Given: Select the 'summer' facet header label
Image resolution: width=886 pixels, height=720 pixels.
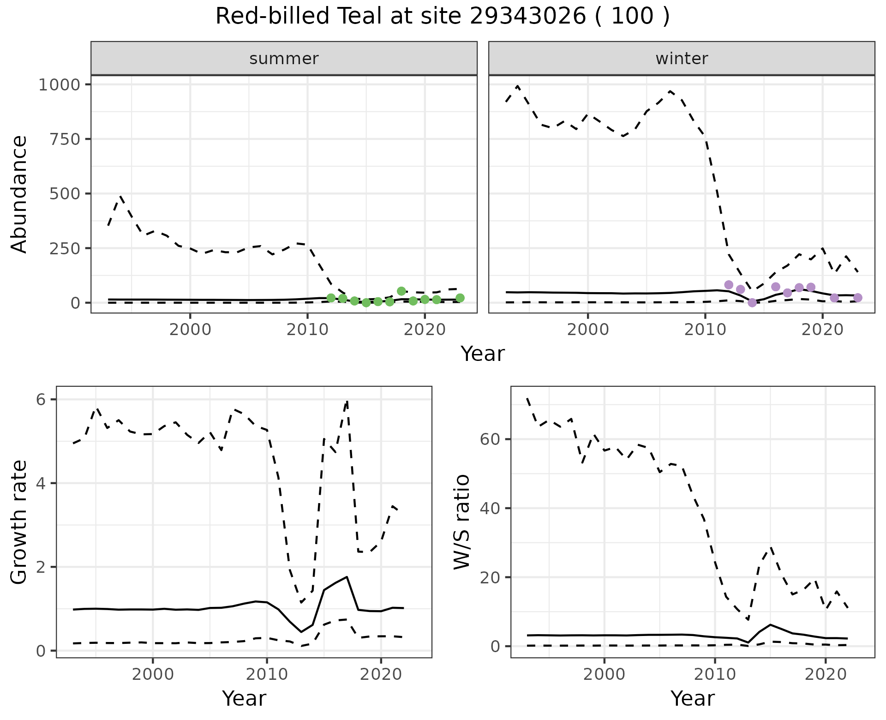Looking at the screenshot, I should (284, 59).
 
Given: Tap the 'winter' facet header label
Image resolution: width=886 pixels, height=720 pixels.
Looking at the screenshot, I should (682, 59).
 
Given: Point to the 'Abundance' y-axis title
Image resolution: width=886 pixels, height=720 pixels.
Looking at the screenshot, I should (19, 194).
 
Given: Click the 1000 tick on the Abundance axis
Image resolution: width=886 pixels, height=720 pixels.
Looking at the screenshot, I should (59, 85).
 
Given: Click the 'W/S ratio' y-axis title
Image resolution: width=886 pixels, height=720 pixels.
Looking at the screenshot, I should (461, 522).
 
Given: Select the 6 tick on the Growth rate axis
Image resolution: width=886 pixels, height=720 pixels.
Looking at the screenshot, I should (41, 400).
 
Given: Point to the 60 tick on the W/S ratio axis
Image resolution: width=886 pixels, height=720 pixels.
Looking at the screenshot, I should (491, 439).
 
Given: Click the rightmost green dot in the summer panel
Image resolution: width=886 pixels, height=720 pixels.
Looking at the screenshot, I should (460, 298).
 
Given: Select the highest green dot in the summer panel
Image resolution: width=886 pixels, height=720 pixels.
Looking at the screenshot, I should (401, 291).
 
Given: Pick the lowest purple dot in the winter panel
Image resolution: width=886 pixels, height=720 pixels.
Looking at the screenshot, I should (752, 303).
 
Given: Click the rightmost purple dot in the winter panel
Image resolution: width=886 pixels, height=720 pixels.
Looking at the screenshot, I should (857, 298).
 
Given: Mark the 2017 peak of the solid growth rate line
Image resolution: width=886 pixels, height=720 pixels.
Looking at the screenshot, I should (347, 577).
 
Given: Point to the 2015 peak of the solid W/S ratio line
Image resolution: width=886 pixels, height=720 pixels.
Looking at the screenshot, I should (770, 624).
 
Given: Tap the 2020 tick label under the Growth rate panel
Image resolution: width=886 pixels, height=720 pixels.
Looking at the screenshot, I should (381, 674).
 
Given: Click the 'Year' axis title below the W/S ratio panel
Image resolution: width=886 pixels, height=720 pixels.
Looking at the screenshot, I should (692, 698).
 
